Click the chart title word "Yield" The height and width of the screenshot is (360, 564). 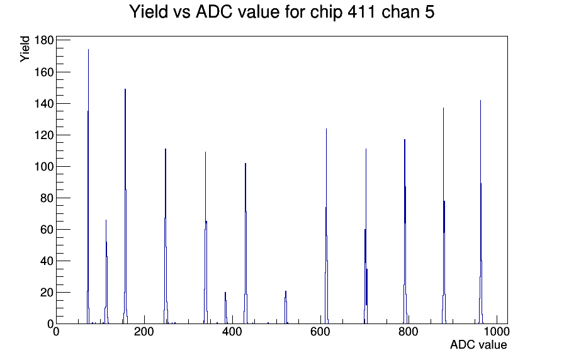pos(149,11)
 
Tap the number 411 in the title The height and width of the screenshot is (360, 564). pos(361,11)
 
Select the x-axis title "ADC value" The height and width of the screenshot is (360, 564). pos(478,344)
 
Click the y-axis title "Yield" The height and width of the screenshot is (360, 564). pos(25,49)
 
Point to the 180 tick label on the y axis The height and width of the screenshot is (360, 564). pos(44,40)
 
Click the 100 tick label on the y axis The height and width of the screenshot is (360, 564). pos(44,167)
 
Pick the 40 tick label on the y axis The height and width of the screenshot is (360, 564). pos(47,261)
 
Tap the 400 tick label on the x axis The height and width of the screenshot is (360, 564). pos(232,331)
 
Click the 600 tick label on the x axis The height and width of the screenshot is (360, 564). pos(320,331)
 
